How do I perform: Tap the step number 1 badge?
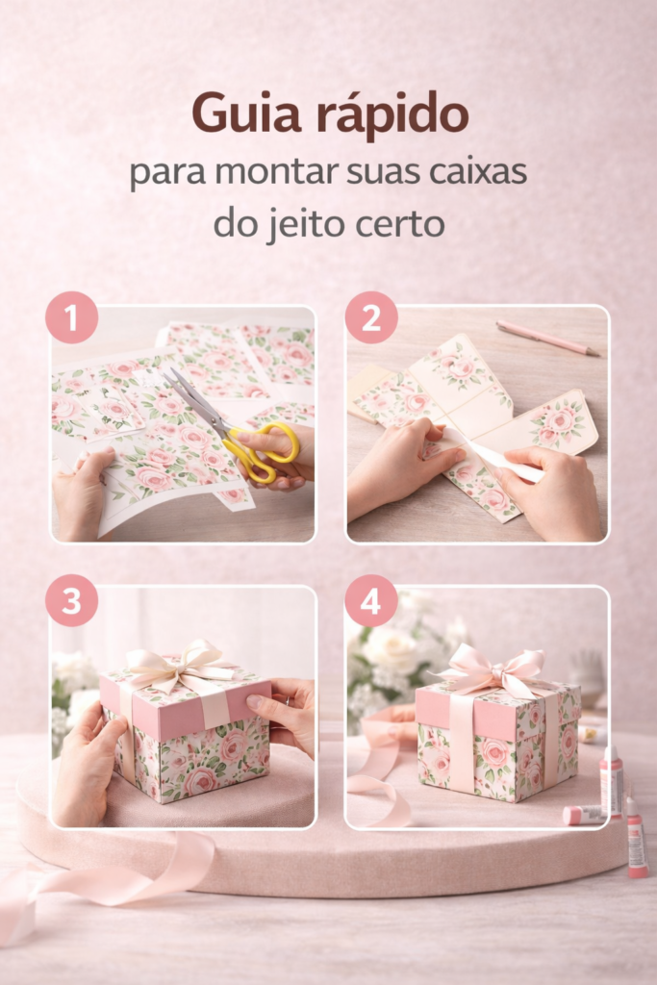[71, 317]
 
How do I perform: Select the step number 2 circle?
[371, 317]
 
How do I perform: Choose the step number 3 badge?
[71, 600]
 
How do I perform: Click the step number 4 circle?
[371, 600]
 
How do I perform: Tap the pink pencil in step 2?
[547, 338]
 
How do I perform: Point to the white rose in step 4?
[390, 649]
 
